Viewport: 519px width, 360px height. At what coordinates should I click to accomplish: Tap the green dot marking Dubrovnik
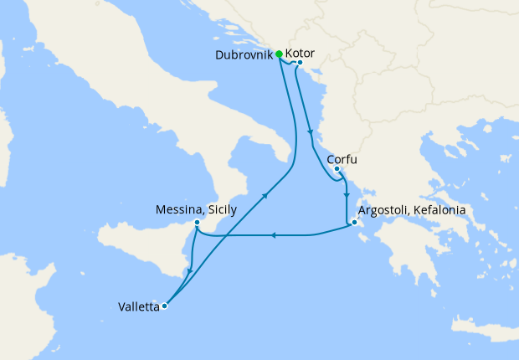click(x=279, y=54)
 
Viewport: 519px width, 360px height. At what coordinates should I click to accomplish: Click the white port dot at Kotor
click(x=299, y=61)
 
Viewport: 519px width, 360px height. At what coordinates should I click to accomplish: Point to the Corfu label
click(x=344, y=157)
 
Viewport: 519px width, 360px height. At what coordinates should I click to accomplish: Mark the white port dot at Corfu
click(x=337, y=169)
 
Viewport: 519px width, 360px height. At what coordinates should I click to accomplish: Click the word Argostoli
click(x=387, y=210)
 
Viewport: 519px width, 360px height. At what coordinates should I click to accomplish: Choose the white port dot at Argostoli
click(x=355, y=223)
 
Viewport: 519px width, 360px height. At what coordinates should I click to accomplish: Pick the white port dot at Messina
click(x=196, y=223)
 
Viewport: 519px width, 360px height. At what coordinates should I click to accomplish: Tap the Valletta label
click(x=139, y=306)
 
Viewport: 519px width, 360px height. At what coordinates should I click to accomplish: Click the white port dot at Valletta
click(x=165, y=306)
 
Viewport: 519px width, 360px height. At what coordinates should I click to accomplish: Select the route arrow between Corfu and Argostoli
click(x=346, y=194)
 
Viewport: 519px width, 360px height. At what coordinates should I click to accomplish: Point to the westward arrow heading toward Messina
click(x=273, y=235)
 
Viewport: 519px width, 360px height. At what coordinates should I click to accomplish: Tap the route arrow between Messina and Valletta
click(x=191, y=270)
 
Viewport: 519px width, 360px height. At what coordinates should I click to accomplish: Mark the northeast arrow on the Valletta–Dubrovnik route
click(x=265, y=196)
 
